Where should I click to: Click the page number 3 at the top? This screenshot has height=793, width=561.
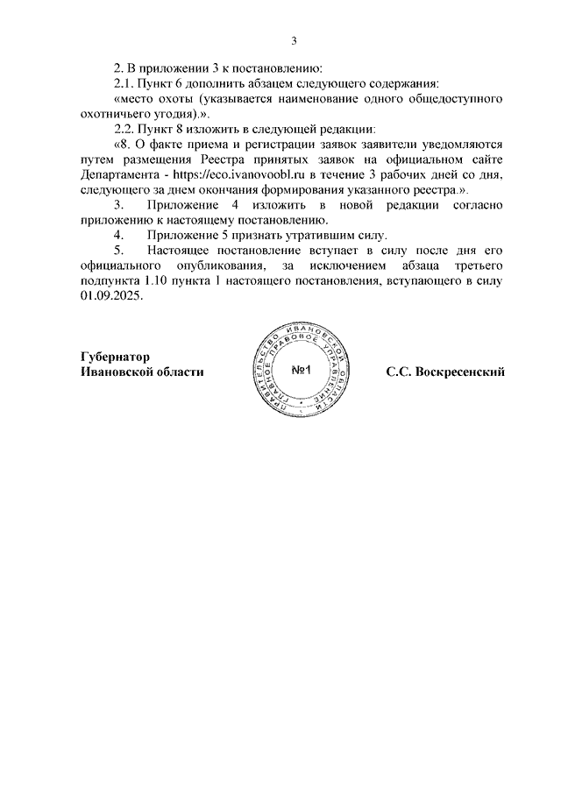tap(295, 39)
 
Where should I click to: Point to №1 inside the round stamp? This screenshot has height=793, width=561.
tap(303, 371)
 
